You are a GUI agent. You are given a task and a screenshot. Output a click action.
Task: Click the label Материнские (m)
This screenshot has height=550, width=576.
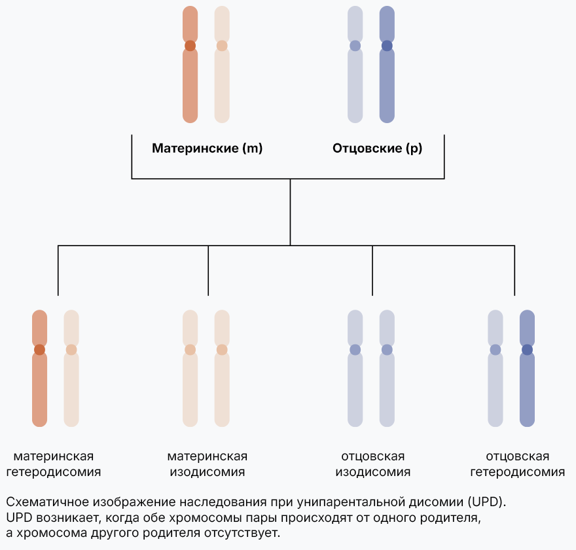tap(207, 149)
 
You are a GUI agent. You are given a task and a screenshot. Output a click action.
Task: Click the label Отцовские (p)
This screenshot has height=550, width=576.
tap(377, 149)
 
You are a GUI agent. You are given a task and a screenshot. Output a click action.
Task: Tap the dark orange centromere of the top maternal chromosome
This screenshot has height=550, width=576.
tap(190, 46)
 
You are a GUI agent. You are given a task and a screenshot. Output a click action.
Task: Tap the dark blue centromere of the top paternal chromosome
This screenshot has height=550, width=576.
tap(387, 46)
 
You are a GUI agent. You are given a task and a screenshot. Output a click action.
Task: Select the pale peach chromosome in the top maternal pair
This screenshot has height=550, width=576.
tap(222, 85)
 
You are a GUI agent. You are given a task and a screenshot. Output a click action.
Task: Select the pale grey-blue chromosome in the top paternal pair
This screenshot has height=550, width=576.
tap(355, 85)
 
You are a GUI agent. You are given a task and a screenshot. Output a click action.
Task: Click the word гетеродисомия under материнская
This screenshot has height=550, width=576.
tap(54, 472)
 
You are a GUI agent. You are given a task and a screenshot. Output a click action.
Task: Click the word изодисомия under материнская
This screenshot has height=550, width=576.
tap(207, 472)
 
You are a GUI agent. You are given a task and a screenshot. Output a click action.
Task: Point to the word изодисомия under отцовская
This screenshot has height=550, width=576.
tap(373, 472)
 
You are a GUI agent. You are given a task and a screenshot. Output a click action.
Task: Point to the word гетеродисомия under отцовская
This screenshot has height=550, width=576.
tap(517, 472)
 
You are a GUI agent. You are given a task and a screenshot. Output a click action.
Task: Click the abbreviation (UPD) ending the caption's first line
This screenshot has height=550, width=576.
tap(487, 503)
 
